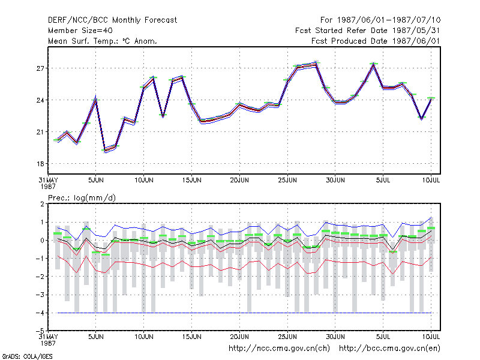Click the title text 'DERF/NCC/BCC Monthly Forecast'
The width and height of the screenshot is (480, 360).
(112, 20)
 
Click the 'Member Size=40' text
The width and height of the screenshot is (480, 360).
(80, 31)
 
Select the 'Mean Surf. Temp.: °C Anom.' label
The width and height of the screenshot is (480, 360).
(103, 41)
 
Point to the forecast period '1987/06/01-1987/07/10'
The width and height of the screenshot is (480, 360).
(389, 20)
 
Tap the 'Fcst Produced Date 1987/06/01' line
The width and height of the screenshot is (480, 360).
(376, 41)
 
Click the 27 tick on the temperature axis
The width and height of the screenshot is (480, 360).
(40, 68)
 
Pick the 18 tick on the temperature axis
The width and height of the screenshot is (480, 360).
(40, 164)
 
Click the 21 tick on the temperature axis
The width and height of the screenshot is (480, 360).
(40, 132)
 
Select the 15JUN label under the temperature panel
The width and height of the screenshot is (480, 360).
(191, 180)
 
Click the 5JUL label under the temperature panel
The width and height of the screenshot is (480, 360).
(383, 180)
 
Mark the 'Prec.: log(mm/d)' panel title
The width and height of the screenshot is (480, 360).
(82, 198)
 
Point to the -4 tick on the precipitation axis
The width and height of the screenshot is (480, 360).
(40, 313)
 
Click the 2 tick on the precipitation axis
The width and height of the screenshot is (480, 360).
(42, 204)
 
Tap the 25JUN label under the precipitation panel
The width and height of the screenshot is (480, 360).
(287, 337)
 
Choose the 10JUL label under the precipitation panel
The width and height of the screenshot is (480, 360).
(431, 337)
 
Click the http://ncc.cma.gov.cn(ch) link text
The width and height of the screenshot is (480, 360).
(279, 349)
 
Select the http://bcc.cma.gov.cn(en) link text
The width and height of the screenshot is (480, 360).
(389, 349)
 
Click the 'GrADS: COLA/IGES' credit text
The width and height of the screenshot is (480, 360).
(27, 356)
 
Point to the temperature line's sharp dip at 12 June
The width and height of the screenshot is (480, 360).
(163, 116)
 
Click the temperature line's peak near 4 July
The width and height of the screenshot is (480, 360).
(373, 64)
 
